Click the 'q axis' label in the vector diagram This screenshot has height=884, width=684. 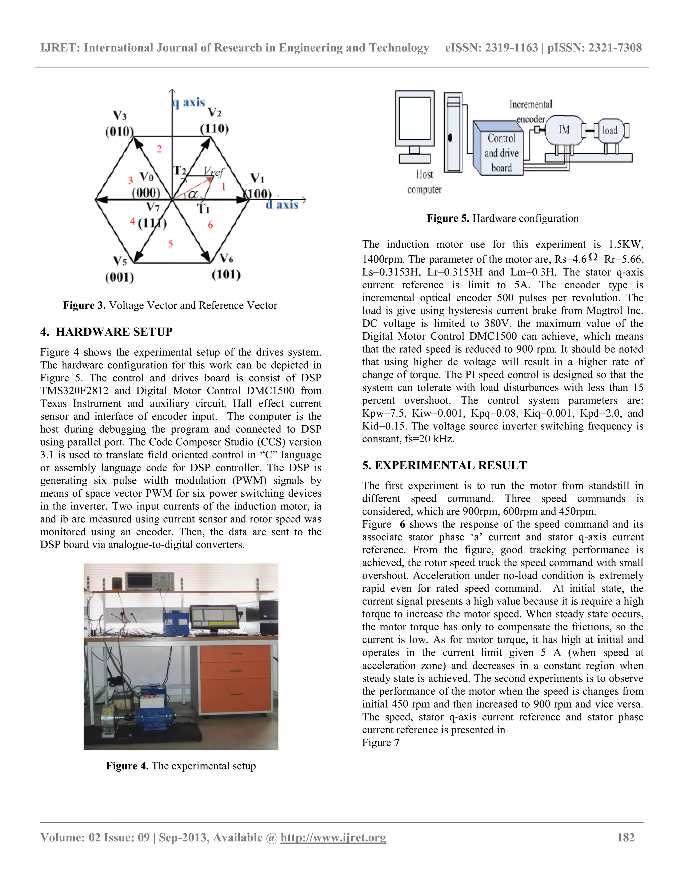(x=189, y=103)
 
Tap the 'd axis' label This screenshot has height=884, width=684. (x=282, y=205)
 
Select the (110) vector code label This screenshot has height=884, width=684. (x=214, y=129)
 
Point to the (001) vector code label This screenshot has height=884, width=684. (x=119, y=277)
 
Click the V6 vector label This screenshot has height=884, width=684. (x=226, y=258)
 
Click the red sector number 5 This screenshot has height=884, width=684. (x=171, y=244)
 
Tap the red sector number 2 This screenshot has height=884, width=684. (x=159, y=149)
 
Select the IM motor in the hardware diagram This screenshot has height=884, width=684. (x=564, y=130)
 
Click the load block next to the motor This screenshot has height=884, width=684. (x=610, y=130)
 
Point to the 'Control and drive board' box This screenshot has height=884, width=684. (x=501, y=153)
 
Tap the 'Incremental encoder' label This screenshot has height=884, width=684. (x=531, y=112)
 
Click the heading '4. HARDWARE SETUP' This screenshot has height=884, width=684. (x=107, y=332)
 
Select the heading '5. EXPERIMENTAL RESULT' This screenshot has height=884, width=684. (x=445, y=465)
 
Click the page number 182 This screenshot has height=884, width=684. (x=625, y=837)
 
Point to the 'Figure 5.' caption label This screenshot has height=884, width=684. (x=448, y=218)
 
